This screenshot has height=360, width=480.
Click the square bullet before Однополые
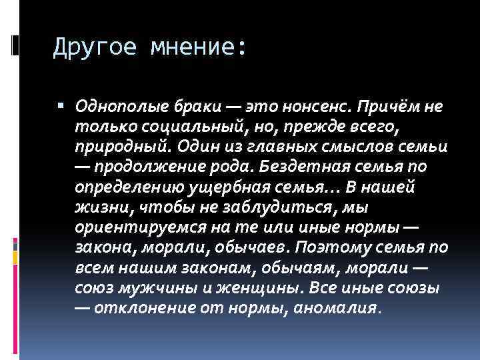61,105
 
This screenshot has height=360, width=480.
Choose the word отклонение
136,309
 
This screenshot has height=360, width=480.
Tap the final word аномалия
338,309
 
